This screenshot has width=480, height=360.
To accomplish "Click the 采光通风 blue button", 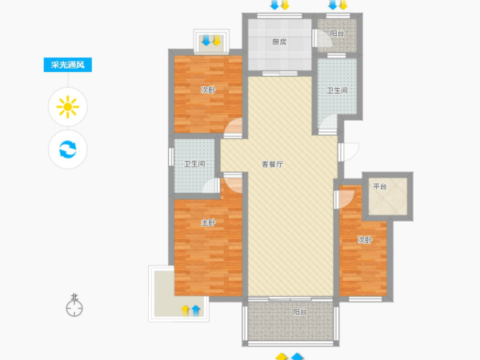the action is pos(68,65).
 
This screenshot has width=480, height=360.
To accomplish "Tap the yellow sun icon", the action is pos(68,107).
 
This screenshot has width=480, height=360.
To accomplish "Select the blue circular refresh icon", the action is pos(68,149).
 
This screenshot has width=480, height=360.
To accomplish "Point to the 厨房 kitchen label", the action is pos(279,42).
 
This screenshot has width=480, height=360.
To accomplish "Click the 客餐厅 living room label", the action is pos(273,164).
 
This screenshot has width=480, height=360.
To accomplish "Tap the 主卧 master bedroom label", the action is pos(208,223).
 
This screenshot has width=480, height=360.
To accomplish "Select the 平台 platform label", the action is pos(380,186).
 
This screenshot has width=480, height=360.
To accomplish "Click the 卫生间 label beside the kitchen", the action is pos(337,90).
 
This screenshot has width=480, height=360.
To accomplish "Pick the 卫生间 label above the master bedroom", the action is pos(194,164).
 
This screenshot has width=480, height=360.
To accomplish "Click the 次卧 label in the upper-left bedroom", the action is pos(208,90).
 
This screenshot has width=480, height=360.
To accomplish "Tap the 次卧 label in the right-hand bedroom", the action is pos(365,240).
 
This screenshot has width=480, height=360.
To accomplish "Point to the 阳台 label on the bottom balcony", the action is pos(300,312).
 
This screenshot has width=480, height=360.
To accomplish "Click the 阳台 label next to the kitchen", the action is pos(337,34).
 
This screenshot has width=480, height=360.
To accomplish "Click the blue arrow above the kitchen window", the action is pos(274,5).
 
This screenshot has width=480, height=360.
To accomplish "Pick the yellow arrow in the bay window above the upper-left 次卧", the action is pos(217,41).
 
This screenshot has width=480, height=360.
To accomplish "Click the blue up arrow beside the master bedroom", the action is pos(196,310).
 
